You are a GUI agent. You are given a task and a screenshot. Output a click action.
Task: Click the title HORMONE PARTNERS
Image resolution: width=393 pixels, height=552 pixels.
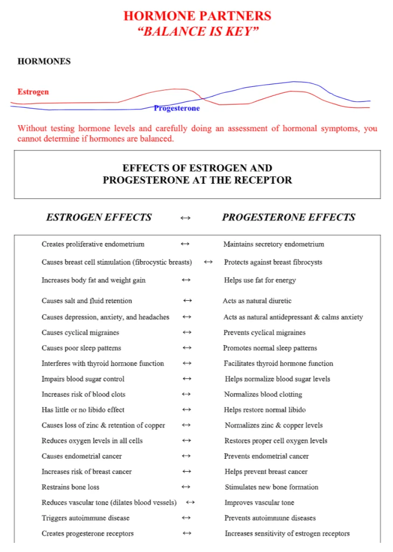(x=197, y=16)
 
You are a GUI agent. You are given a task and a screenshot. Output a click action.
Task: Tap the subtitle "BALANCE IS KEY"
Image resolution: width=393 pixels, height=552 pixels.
(x=197, y=31)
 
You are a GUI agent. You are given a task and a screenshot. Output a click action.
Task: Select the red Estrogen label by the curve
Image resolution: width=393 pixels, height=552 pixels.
(x=33, y=92)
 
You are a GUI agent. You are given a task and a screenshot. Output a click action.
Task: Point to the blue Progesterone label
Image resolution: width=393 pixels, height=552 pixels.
(x=177, y=108)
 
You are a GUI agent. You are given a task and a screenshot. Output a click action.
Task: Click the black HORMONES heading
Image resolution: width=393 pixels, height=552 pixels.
(x=44, y=61)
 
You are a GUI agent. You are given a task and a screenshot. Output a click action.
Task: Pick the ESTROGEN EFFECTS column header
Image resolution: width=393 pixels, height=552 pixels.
(x=99, y=217)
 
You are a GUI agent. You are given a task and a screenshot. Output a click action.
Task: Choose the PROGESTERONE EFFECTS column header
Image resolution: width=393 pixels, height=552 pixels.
(x=289, y=217)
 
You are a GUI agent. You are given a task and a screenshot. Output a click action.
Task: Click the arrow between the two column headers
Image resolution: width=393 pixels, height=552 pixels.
(x=185, y=218)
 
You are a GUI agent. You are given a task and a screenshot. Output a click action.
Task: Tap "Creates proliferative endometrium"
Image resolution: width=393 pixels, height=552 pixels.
(x=93, y=244)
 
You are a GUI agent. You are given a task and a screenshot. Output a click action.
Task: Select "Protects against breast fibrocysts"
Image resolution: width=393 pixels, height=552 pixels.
(x=273, y=262)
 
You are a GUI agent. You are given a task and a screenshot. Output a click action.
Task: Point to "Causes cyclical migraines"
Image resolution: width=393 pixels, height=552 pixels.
(x=80, y=333)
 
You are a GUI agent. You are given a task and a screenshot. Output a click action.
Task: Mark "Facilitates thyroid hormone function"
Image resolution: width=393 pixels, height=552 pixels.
(x=278, y=363)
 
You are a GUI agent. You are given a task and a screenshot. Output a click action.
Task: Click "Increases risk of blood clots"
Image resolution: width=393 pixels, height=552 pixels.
(x=83, y=394)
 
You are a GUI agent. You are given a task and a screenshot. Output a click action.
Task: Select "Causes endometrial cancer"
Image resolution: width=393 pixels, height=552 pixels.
(x=82, y=456)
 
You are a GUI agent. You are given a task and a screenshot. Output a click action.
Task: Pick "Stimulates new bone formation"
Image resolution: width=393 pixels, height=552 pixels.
(x=271, y=487)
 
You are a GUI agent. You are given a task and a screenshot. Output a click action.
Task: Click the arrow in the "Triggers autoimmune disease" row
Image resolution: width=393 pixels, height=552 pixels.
(x=186, y=518)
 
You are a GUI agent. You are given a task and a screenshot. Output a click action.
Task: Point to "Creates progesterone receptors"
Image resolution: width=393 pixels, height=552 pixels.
(x=88, y=534)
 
